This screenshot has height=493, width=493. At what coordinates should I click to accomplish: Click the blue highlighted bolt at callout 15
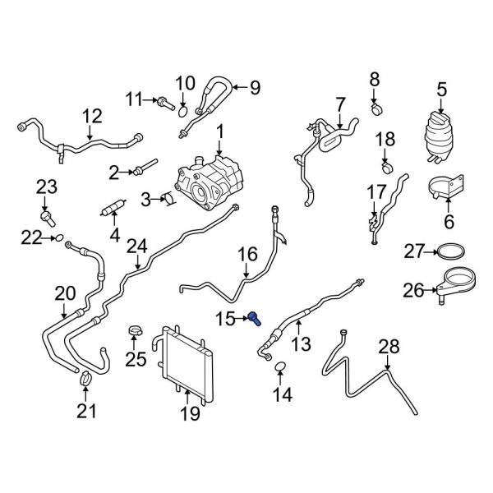pos(257,318)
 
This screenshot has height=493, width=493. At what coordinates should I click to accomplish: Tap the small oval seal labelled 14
pos(280,366)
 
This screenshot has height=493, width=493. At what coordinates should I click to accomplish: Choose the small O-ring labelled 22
pos(58,238)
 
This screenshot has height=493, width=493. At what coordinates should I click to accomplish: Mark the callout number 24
pos(136,246)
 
